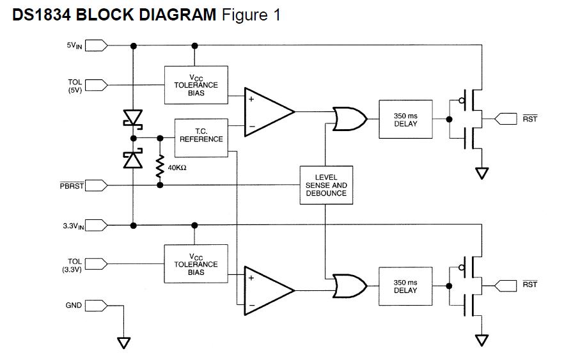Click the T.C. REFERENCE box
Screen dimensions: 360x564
click(201, 135)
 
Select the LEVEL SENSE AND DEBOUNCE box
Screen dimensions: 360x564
click(325, 185)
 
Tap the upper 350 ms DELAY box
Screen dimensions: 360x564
click(405, 119)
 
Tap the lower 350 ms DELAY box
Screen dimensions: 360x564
click(405, 286)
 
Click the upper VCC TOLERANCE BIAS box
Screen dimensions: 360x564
click(196, 85)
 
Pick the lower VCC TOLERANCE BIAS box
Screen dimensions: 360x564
click(196, 264)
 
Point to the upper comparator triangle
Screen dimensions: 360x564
click(265, 112)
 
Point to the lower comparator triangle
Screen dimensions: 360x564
click(265, 291)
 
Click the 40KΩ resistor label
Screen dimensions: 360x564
click(176, 168)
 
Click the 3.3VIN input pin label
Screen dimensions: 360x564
click(74, 225)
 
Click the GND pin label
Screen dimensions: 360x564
click(74, 306)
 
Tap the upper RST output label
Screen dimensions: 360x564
click(529, 119)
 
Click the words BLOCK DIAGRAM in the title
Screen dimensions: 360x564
click(146, 15)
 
